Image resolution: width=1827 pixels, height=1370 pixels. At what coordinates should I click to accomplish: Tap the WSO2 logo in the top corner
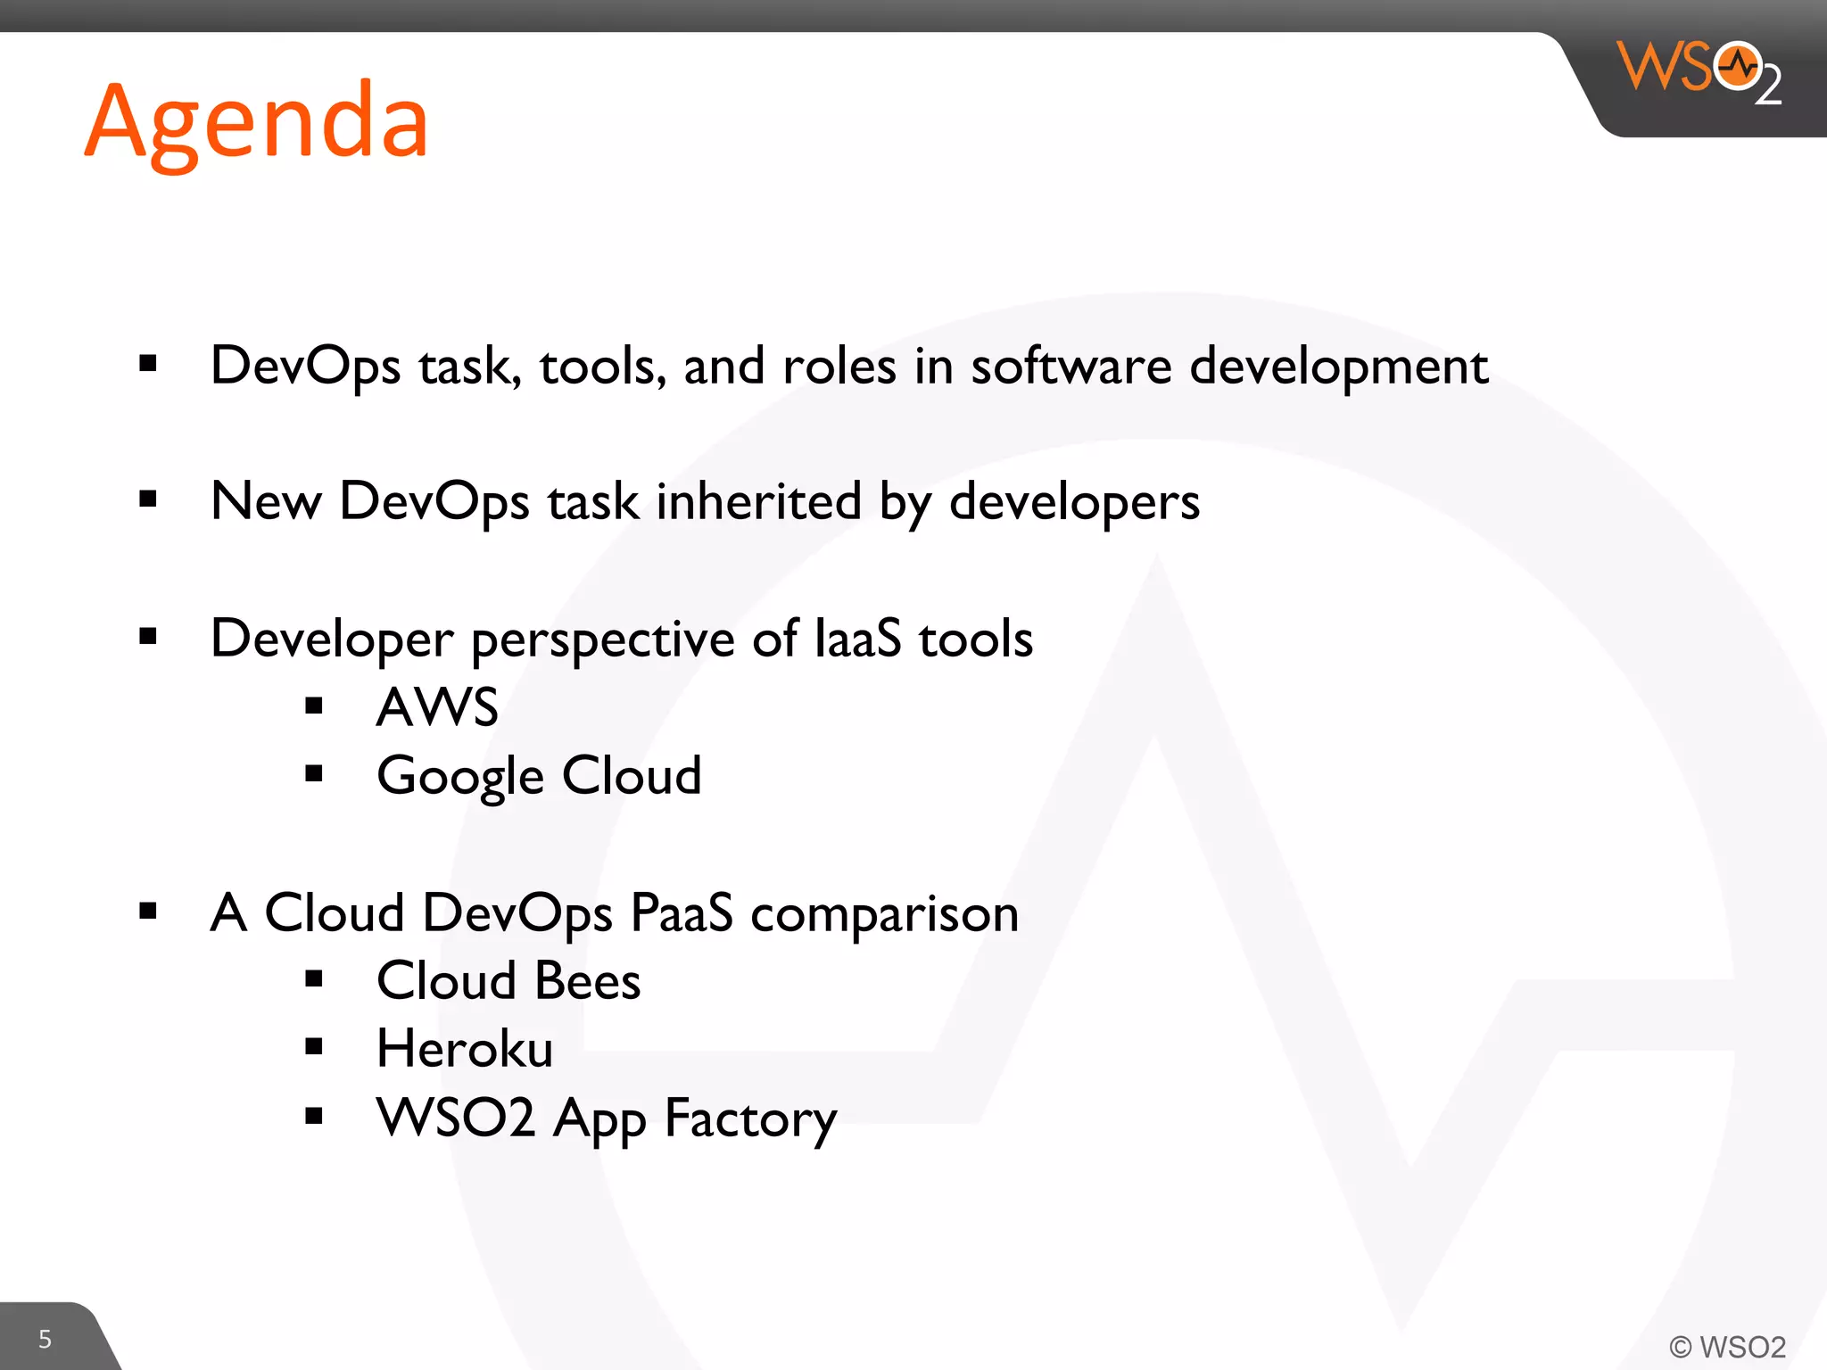coord(1699,71)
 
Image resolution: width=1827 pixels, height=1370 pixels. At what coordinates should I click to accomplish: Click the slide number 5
coord(45,1339)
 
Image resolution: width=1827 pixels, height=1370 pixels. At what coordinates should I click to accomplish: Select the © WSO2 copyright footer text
coord(1727,1346)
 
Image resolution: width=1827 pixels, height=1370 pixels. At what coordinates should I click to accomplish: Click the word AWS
coord(437,707)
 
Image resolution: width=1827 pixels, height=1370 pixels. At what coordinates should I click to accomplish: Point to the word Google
coord(459,776)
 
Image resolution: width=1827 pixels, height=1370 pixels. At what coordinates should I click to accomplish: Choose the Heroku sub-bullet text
coord(465,1048)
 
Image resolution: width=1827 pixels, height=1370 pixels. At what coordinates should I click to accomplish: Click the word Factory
coord(750,1118)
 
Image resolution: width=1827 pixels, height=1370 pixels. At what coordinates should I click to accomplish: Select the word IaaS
coord(857,639)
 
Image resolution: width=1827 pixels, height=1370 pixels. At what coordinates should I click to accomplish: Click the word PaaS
coord(682,912)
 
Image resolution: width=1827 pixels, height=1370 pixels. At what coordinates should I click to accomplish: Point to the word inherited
coord(758,501)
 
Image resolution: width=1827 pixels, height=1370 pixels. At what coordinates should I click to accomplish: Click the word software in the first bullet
coord(1071,366)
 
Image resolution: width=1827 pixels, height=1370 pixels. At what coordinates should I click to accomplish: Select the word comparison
coord(884,914)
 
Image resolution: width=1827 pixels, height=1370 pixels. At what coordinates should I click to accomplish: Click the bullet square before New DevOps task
coord(148,499)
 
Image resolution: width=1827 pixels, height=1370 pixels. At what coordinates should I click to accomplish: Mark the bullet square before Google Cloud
coord(313,773)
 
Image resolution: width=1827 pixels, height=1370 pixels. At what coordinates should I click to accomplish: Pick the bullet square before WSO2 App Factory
coord(313,1116)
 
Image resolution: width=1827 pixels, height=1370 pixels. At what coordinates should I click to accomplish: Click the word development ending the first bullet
coord(1338,367)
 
